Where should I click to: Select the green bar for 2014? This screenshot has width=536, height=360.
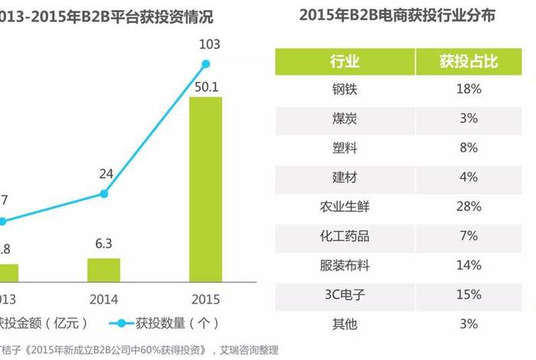coord(103,270)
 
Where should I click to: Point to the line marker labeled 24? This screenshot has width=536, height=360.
coord(103,194)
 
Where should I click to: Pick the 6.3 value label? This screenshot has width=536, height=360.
coord(104,244)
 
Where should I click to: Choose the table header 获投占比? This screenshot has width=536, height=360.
coord(469,61)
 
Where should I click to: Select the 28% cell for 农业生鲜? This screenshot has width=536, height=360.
coord(469,207)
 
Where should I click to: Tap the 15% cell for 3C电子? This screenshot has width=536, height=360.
coord(469,295)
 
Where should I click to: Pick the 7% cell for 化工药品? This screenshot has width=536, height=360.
coord(469,236)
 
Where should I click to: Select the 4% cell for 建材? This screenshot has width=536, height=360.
coord(469,178)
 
